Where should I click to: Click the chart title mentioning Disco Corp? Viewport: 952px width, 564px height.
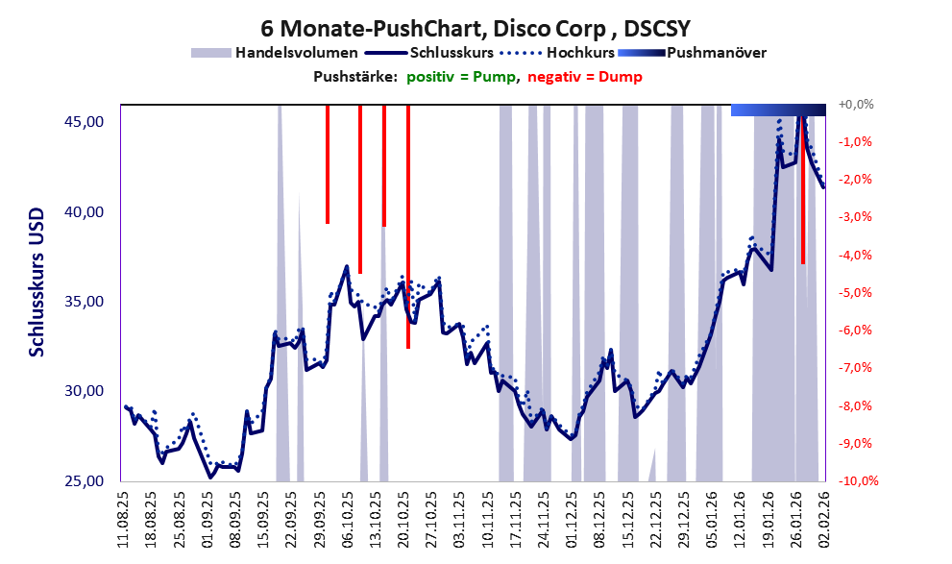pyautogui.click(x=476, y=29)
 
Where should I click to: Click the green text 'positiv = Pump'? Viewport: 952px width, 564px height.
pyautogui.click(x=461, y=77)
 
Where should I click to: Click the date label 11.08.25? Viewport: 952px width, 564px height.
pyautogui.click(x=124, y=519)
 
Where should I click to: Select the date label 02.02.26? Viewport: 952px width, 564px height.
pyautogui.click(x=823, y=519)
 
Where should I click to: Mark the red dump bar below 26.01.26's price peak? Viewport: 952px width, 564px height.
pyautogui.click(x=802, y=192)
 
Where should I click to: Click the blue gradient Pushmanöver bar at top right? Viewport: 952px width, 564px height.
pyautogui.click(x=778, y=110)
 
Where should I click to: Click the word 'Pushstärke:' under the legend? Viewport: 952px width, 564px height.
pyautogui.click(x=354, y=77)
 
